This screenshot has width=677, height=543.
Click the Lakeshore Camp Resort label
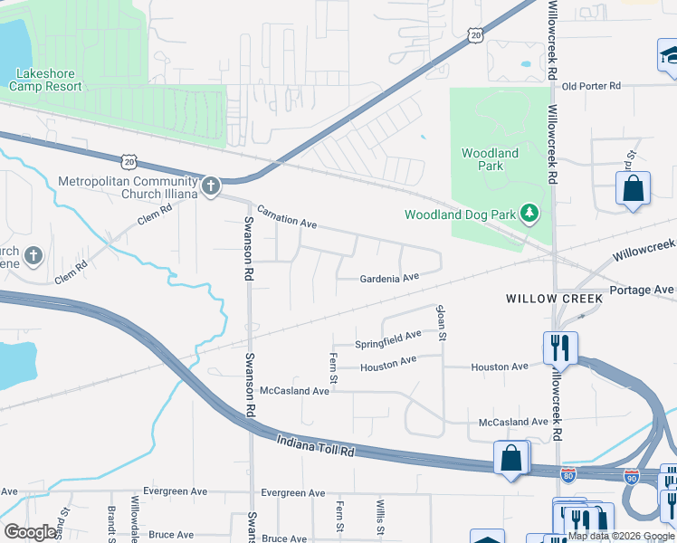[45, 80]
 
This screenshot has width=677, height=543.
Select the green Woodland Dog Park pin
[529, 214]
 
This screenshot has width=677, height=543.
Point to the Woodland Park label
[490, 159]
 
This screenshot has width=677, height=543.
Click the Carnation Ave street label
[287, 216]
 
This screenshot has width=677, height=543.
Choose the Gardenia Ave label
[390, 278]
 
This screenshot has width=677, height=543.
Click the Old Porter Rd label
[591, 86]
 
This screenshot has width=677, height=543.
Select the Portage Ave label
[642, 290]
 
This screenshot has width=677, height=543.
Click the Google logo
[31, 532]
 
